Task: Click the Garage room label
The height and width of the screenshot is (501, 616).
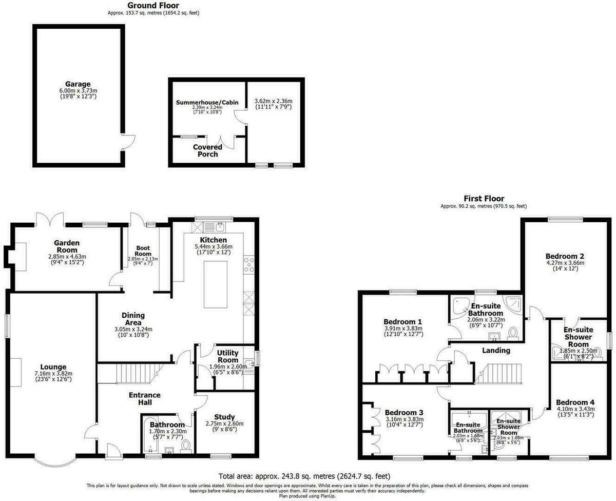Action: [78, 84]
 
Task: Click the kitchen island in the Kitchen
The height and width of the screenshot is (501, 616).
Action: [215, 284]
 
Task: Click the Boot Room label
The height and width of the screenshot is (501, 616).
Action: [143, 251]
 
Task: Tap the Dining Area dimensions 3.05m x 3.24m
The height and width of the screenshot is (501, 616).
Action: [133, 330]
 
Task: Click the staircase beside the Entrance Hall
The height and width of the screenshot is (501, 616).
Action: [134, 373]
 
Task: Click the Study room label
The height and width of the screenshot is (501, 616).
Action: [225, 417]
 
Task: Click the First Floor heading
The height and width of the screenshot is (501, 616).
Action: [483, 199]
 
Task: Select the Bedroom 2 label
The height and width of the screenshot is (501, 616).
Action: [565, 256]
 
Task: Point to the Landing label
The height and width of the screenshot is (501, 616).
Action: [496, 351]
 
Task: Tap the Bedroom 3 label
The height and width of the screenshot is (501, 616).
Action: [404, 413]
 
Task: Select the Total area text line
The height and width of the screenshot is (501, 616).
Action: [307, 476]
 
